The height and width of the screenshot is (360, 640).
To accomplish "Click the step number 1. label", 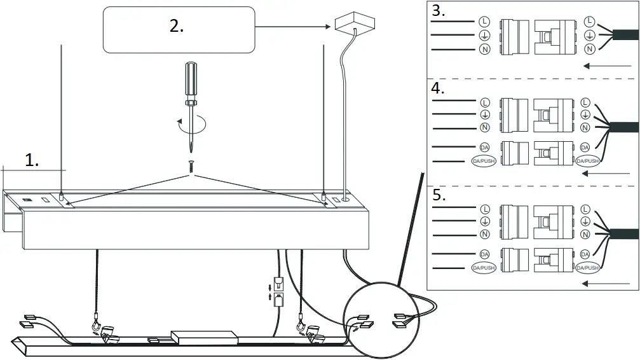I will [32, 161].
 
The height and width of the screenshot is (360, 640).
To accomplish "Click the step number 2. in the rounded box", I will [176, 27].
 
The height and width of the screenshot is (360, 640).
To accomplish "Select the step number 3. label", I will [439, 11].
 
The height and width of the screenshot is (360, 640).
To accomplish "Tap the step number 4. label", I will [439, 88].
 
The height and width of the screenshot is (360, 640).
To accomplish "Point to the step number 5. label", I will [439, 195].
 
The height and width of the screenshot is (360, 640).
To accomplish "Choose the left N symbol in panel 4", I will [484, 128].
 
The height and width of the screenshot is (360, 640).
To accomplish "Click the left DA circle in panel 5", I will [484, 254].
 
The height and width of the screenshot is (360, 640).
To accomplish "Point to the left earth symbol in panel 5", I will [484, 221].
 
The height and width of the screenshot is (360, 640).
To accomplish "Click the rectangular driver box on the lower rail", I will [205, 336].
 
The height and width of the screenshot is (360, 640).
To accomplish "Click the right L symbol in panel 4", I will [585, 102].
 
